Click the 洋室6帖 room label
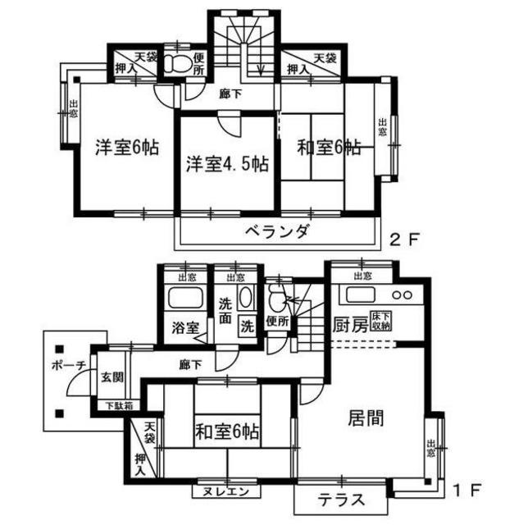pos(126,148)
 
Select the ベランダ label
pos(277,232)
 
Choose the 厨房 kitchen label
pos(350,324)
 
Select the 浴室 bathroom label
pos(184,327)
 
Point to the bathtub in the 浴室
pos(184,297)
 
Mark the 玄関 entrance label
pos(113,379)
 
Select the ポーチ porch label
pos(67,366)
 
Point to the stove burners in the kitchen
pos(402,294)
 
